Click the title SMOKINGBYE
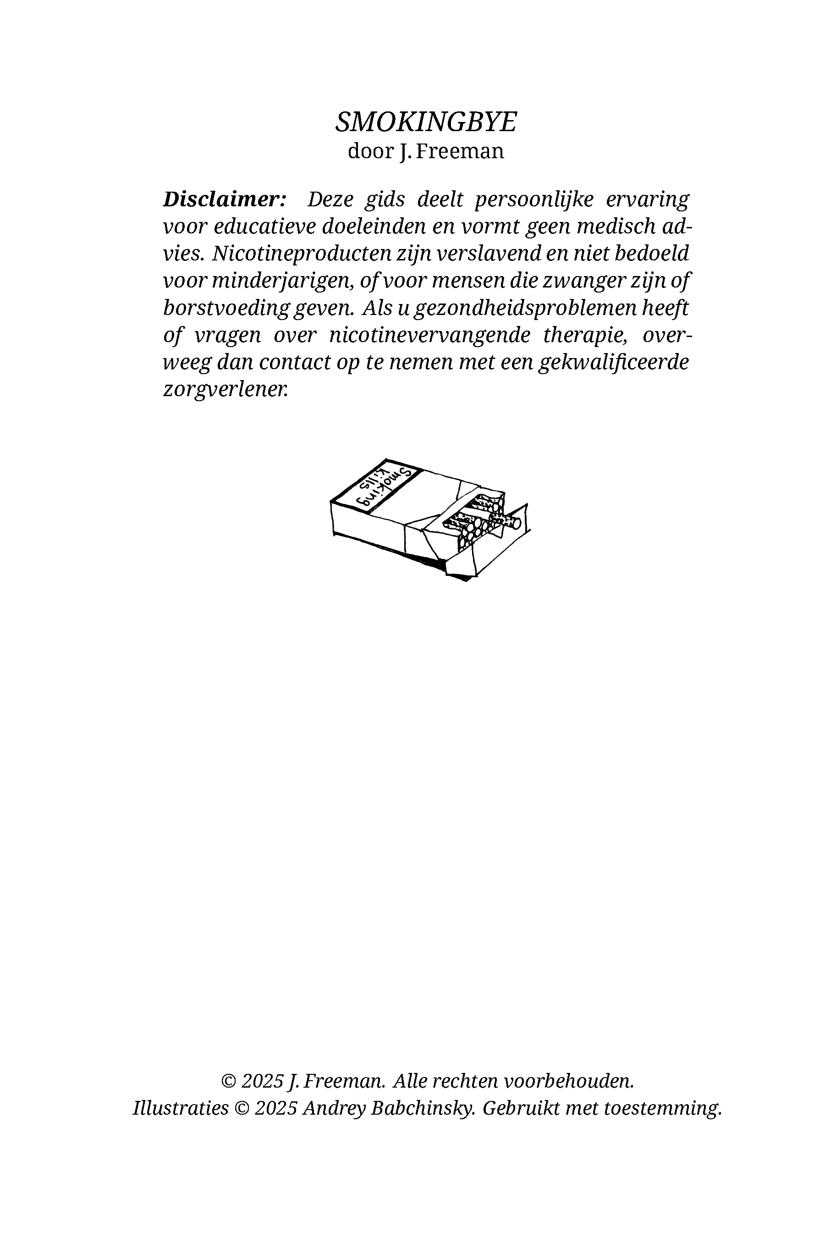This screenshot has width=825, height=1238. click(x=426, y=122)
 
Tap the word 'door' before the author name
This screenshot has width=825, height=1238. click(x=370, y=152)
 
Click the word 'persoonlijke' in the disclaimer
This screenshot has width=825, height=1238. click(x=534, y=199)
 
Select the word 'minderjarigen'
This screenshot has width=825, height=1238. click(x=282, y=281)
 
